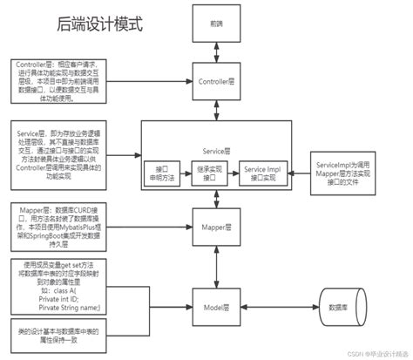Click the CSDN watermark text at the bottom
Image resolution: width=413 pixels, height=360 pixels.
coord(369,354)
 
